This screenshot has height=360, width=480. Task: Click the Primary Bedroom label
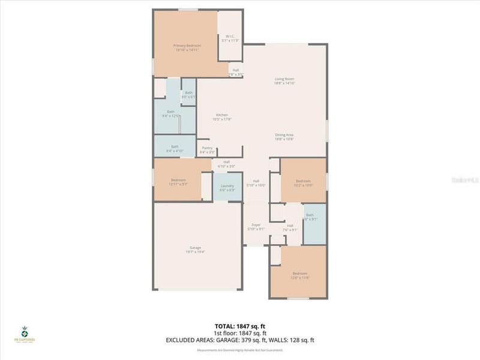click(x=187, y=48)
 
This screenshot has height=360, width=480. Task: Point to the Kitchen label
click(x=222, y=117)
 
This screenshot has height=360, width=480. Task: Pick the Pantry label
click(x=207, y=150)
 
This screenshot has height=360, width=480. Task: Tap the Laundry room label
click(x=227, y=188)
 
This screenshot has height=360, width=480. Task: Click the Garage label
click(x=195, y=250)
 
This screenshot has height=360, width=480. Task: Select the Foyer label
click(x=256, y=227)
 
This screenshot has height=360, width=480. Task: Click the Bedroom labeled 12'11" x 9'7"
click(x=178, y=182)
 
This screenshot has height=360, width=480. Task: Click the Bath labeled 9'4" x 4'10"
click(x=175, y=148)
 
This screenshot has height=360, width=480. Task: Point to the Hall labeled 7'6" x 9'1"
click(x=290, y=227)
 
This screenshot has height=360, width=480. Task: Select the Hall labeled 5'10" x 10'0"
click(x=256, y=183)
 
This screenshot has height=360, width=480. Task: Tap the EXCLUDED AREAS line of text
click(x=240, y=340)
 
